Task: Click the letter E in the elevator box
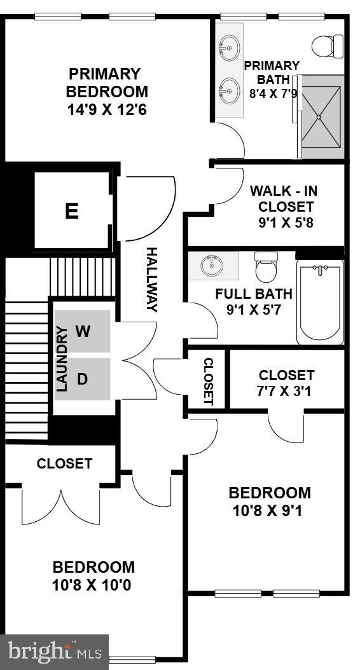tap(72, 211)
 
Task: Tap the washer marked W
tap(83, 331)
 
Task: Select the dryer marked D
tap(82, 379)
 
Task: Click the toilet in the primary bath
tap(327, 44)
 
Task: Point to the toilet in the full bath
tap(266, 268)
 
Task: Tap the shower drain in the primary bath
tap(319, 116)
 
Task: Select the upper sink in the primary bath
tap(229, 46)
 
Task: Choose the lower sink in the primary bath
tap(229, 90)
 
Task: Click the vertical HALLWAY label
tap(151, 280)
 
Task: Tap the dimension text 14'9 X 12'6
tap(107, 109)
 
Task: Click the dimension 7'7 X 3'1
tap(286, 391)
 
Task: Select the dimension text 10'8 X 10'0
tap(93, 584)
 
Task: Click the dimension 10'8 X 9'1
tap(270, 510)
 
